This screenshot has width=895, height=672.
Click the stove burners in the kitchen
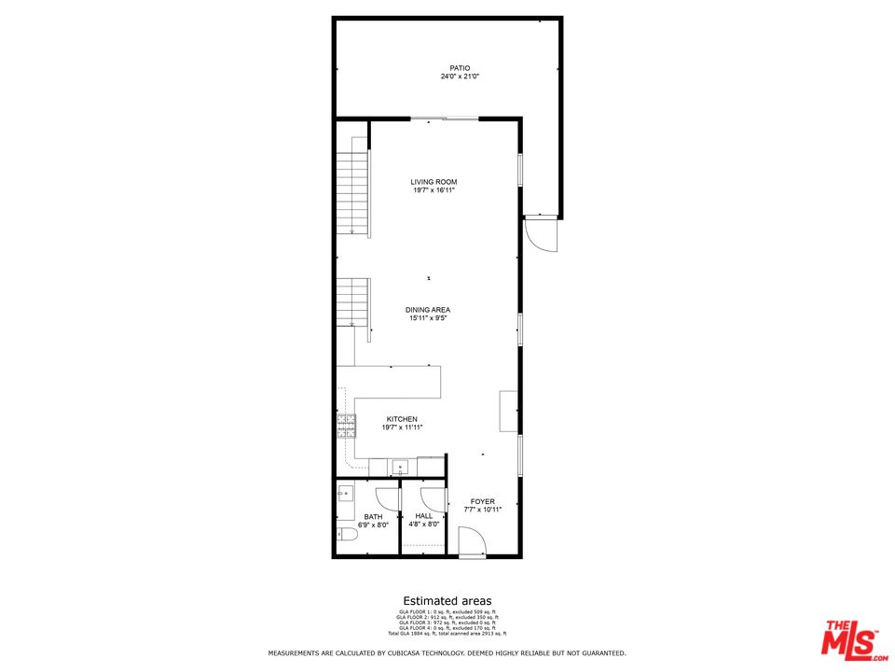click(x=346, y=427)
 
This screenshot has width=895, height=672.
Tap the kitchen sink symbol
click(x=402, y=467)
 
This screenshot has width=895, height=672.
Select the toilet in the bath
click(x=344, y=535)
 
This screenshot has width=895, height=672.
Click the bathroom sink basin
click(x=344, y=494)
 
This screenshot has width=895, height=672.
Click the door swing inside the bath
click(x=387, y=498)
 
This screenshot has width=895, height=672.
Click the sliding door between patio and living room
click(x=445, y=119)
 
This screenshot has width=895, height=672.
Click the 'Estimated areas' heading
click(x=447, y=601)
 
